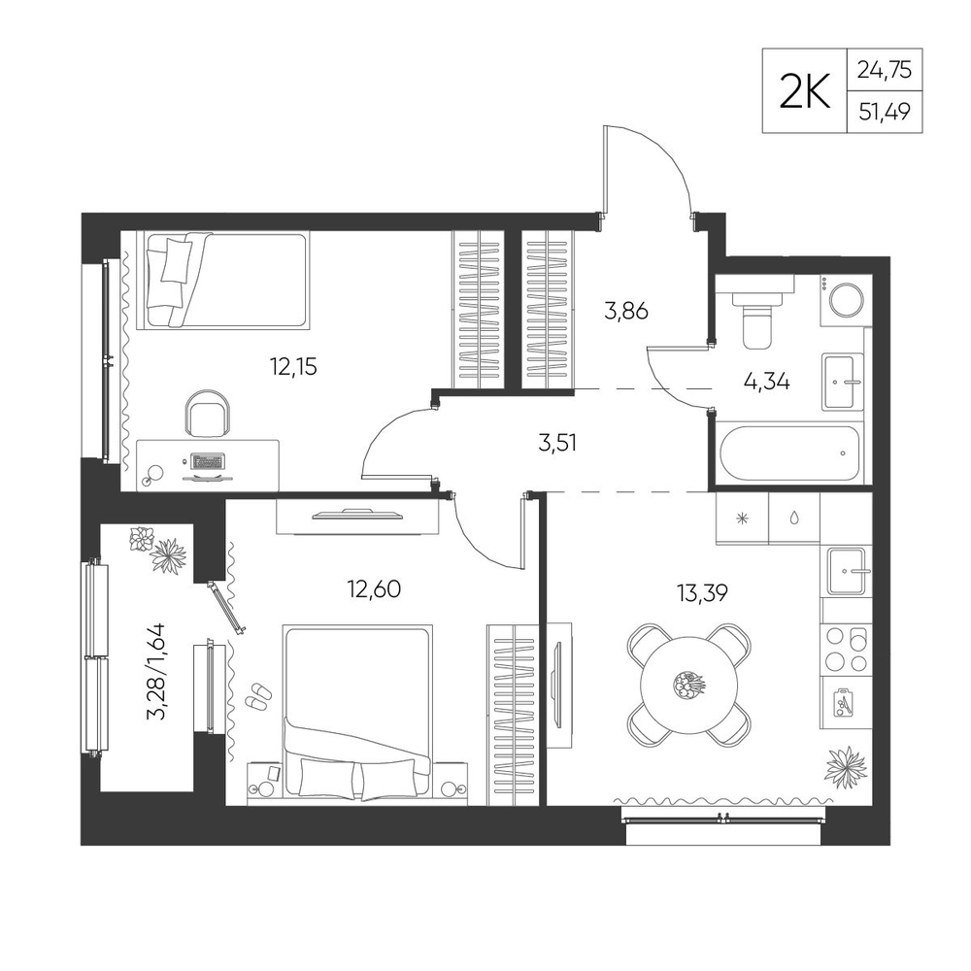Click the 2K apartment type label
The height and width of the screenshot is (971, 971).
804,91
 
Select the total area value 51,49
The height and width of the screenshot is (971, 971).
884,112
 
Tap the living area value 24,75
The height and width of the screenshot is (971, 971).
884,70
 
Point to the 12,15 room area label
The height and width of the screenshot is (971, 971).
293,367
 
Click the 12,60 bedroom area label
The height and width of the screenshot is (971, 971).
374,589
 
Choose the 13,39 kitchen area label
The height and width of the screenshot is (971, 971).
702,593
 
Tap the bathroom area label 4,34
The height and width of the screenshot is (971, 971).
767,382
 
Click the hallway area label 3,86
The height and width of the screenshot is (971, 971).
626,311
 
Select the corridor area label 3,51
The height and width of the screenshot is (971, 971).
557,443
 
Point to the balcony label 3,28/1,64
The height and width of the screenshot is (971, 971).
155,672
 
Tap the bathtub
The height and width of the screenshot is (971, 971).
789,453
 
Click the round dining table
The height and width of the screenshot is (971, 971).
689,685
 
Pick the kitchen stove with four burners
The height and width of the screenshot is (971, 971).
846,649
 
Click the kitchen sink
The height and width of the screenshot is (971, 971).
847,570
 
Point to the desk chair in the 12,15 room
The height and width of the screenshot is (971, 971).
209,414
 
